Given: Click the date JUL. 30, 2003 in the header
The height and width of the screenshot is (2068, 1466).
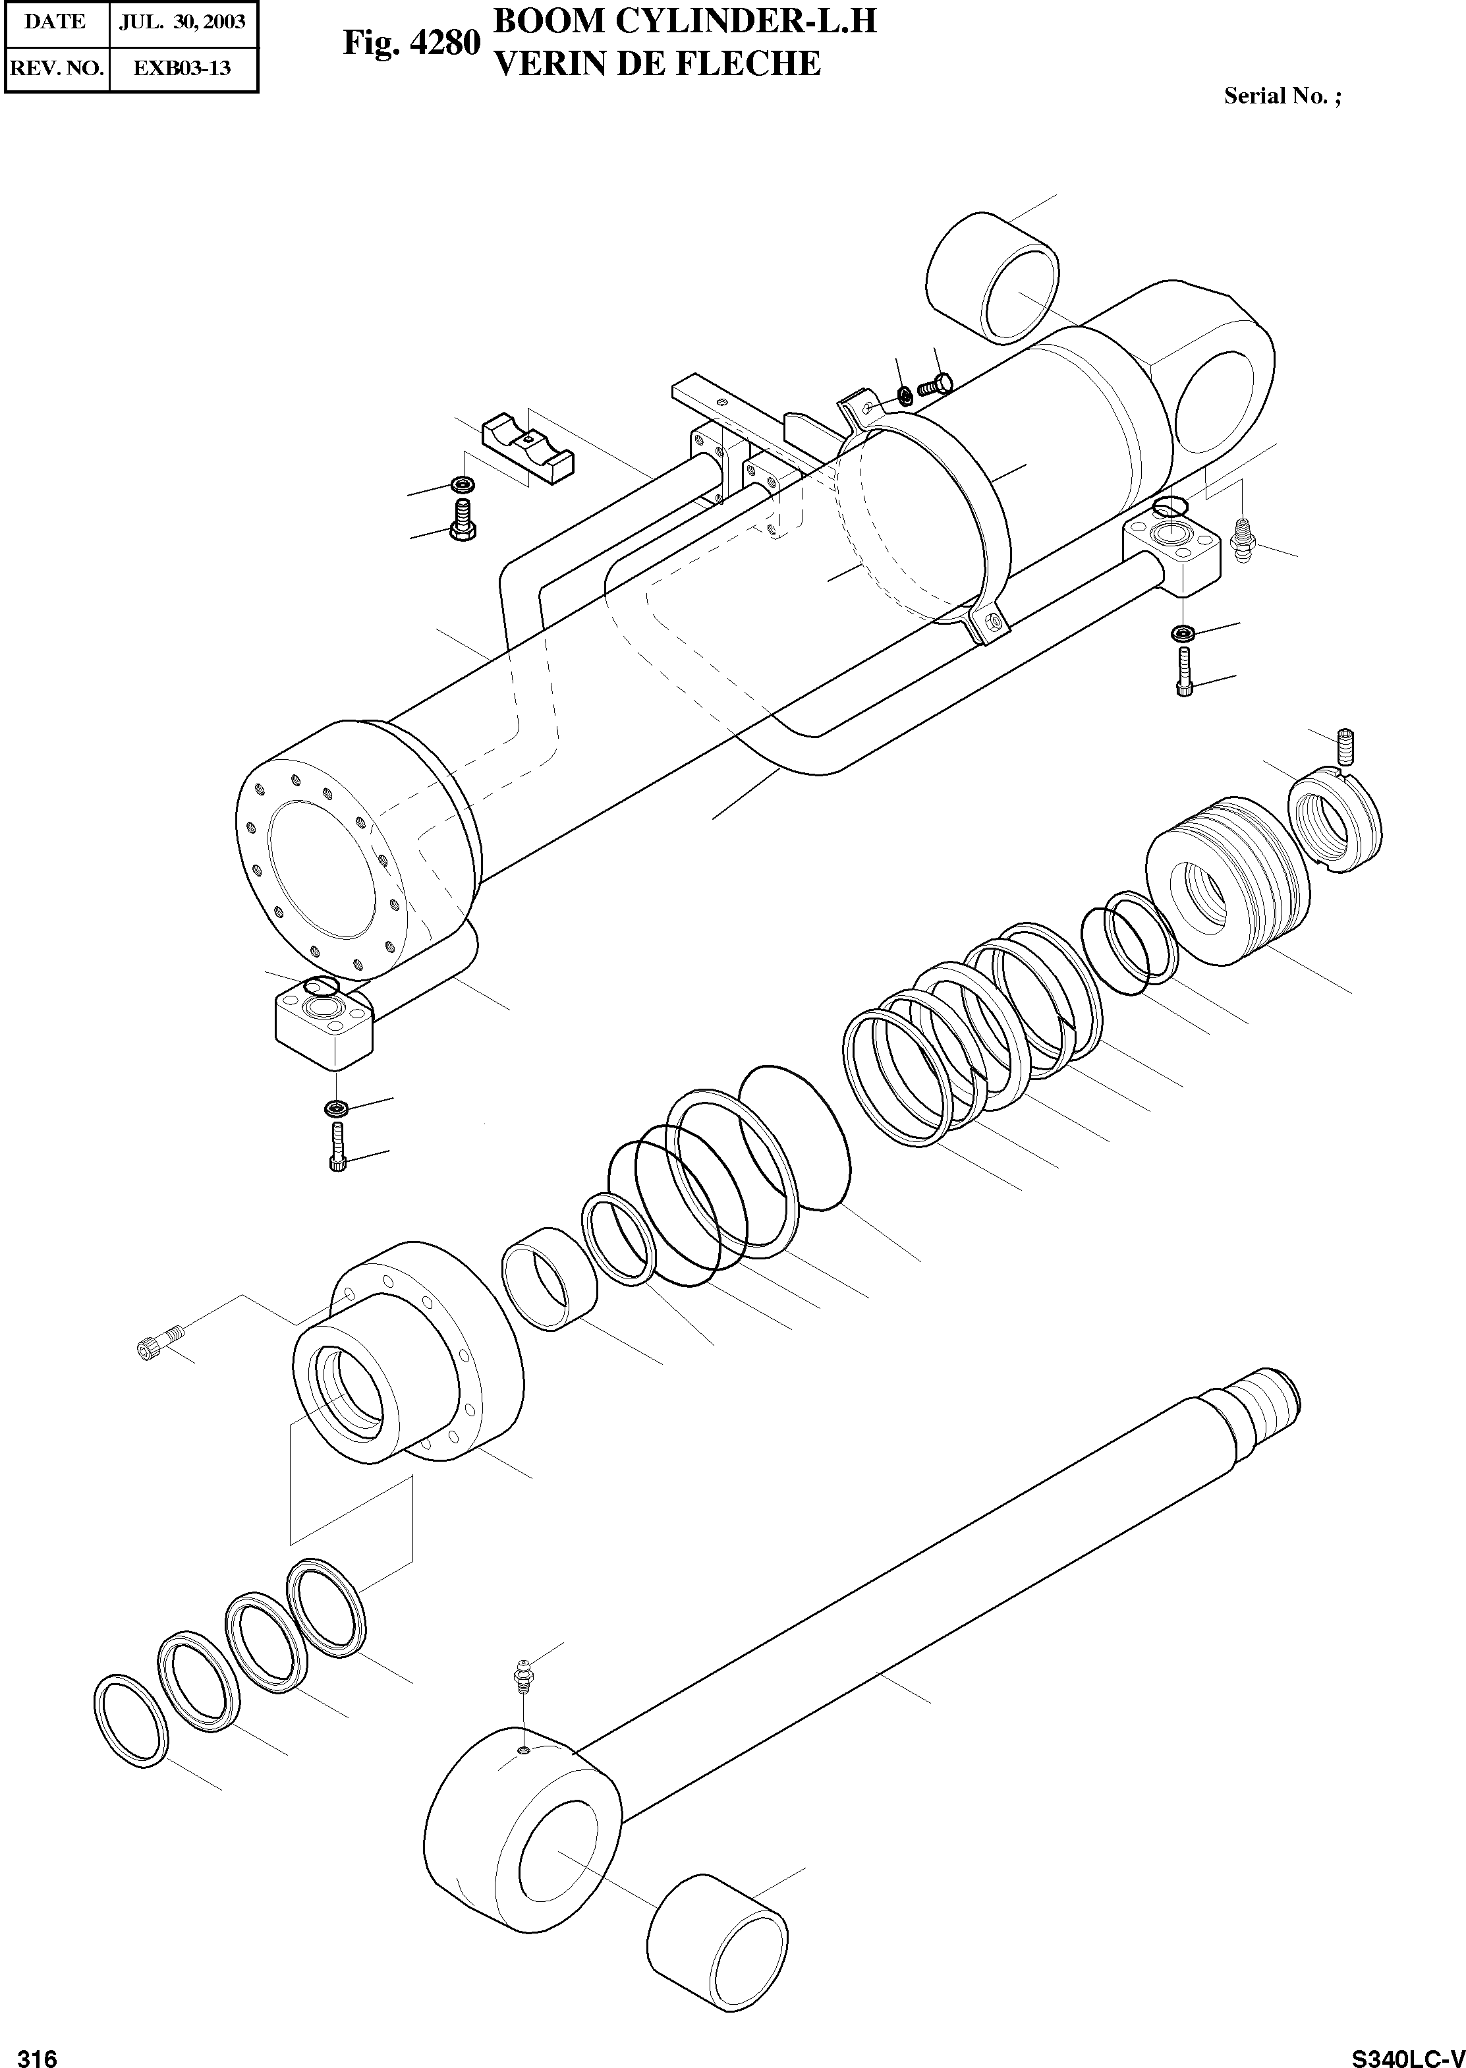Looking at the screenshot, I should [x=183, y=21].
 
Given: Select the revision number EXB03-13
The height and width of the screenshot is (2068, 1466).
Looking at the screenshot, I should [x=183, y=68].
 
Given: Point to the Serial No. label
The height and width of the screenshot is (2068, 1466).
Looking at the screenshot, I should [x=1281, y=96].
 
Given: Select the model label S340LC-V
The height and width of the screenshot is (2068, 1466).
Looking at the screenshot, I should [x=1407, y=2052].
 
